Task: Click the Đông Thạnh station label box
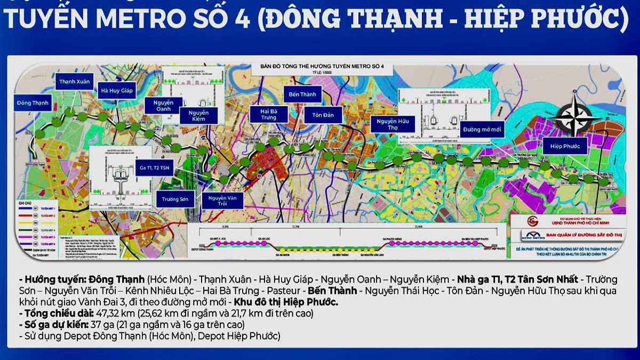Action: pyautogui.click(x=33, y=102)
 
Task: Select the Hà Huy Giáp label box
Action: pyautogui.click(x=117, y=91)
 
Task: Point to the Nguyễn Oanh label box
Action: pyautogui.click(x=163, y=106)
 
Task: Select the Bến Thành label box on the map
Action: pyautogui.click(x=303, y=94)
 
